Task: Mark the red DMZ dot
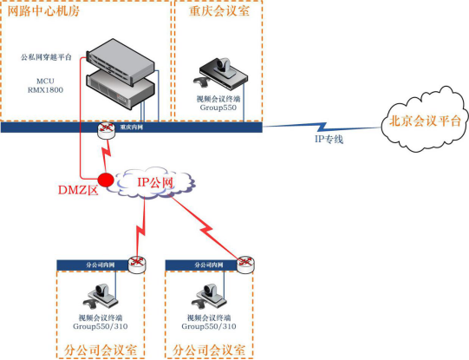click(x=106, y=180)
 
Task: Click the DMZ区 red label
click(x=76, y=190)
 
